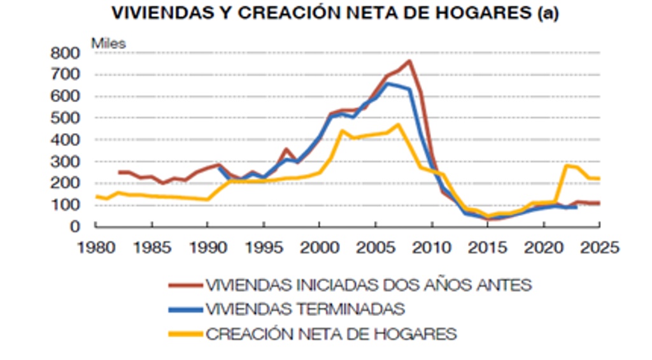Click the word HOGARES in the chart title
pyautogui.click(x=491, y=13)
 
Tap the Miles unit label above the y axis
pyautogui.click(x=109, y=43)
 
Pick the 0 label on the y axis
pyautogui.click(x=75, y=226)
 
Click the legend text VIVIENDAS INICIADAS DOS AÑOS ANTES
pyautogui.click(x=369, y=285)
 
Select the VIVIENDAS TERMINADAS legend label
pyautogui.click(x=305, y=309)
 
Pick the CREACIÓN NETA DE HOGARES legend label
pyautogui.click(x=331, y=333)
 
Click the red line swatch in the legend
pyautogui.click(x=185, y=285)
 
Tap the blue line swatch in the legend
pyautogui.click(x=185, y=309)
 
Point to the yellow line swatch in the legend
pyautogui.click(x=185, y=333)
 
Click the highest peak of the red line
pyautogui.click(x=409, y=61)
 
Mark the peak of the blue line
pyautogui.click(x=388, y=83)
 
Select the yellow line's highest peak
pyautogui.click(x=399, y=124)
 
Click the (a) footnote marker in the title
pyautogui.click(x=548, y=13)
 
